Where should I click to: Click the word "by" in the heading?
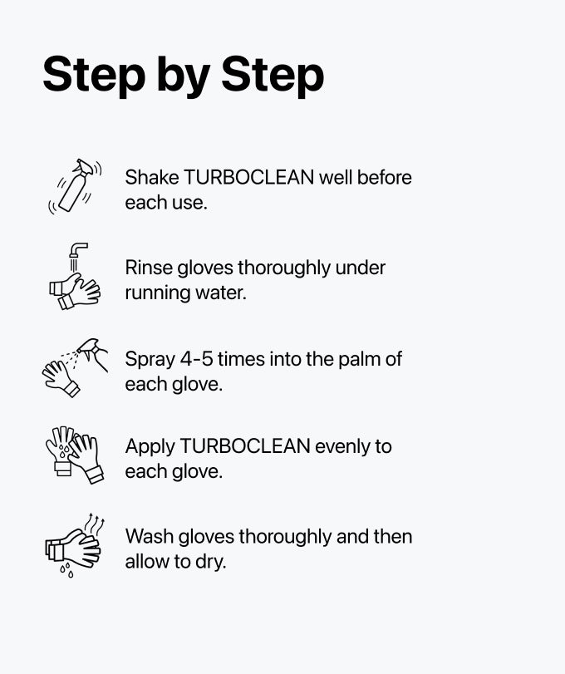[177, 76]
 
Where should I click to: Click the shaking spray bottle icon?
[75, 186]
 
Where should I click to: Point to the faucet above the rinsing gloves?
[78, 250]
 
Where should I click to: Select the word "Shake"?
[152, 178]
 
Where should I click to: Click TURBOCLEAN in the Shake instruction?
[250, 178]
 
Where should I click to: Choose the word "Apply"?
[150, 447]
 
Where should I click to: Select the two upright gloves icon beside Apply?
[74, 454]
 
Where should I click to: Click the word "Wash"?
[148, 537]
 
